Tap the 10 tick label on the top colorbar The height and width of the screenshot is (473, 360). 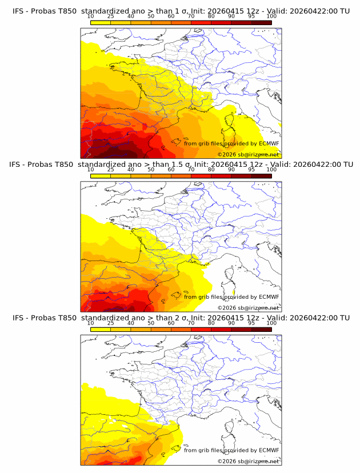coord(90,17)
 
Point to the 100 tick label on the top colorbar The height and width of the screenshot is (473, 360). coord(271,17)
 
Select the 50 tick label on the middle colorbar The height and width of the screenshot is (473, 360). coord(151,170)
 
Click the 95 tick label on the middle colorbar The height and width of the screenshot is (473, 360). coord(251,170)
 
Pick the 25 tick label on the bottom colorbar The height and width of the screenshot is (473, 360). coord(110,323)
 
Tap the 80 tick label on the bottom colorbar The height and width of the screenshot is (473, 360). coord(211,323)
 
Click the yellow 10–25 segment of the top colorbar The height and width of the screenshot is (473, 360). coord(101,23)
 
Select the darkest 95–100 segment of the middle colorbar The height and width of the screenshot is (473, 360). coord(262,176)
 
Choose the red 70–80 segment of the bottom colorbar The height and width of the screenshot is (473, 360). coord(201,329)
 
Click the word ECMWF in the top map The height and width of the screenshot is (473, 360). coord(269,143)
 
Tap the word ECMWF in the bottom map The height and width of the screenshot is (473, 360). coord(269,450)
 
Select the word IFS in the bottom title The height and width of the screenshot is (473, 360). coord(18,318)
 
